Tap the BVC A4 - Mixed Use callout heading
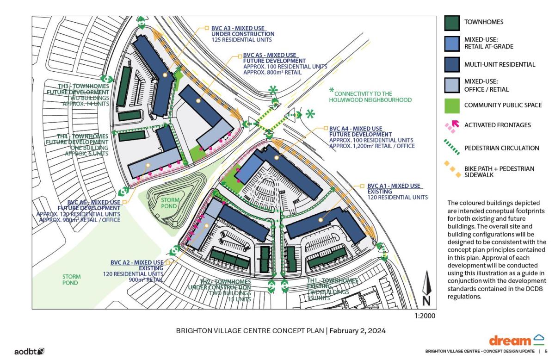click(x=355, y=128)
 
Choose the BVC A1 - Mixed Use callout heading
click(x=394, y=186)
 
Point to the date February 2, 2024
click(x=359, y=331)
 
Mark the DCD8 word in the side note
click(x=537, y=289)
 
